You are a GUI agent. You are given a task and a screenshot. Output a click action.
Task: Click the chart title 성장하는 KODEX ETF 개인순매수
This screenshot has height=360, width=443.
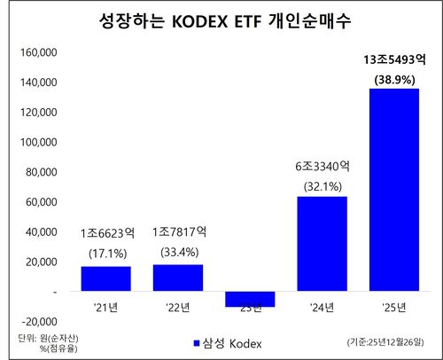(x=221, y=19)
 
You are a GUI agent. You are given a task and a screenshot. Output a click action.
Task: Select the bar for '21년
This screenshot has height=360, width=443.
(x=105, y=278)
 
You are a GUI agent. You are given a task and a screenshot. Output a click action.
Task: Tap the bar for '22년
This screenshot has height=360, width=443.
(x=177, y=278)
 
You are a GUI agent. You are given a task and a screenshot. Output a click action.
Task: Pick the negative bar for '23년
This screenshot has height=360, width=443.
(x=249, y=299)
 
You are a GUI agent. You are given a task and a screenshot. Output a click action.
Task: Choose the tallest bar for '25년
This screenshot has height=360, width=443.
(x=393, y=190)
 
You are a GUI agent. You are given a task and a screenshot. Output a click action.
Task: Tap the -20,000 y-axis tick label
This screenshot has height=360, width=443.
(x=37, y=321)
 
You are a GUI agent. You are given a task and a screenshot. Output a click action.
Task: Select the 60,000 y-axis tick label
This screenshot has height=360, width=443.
(x=40, y=202)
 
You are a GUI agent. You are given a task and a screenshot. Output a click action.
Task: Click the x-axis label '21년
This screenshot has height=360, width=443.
(x=105, y=309)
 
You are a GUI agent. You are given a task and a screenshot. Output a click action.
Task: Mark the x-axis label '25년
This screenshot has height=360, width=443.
(x=393, y=309)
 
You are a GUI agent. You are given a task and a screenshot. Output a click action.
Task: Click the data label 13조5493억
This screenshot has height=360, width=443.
(x=393, y=61)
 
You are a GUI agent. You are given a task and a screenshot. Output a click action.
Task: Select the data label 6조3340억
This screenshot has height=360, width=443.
(x=322, y=165)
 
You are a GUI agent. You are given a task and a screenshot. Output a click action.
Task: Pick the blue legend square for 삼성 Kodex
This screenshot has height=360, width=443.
(x=197, y=343)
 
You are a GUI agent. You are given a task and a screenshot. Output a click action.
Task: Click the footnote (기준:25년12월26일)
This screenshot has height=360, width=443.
(x=386, y=342)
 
